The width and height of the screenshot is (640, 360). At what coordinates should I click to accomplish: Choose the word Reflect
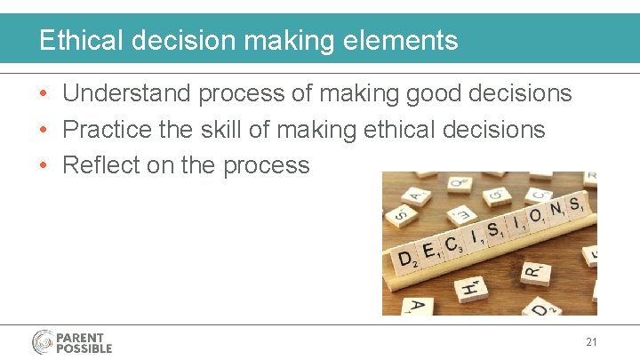pyautogui.click(x=98, y=165)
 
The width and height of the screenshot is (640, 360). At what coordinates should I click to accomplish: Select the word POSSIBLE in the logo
pyautogui.click(x=84, y=348)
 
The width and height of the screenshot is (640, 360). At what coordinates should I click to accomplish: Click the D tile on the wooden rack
pyautogui.click(x=406, y=260)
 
